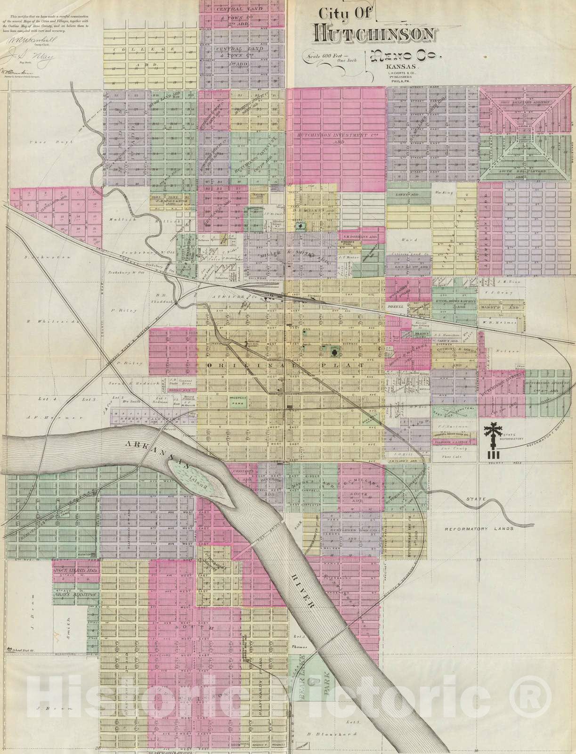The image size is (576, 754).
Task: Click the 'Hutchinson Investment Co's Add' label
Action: (336, 138)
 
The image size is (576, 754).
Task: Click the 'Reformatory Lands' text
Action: (479, 529)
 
